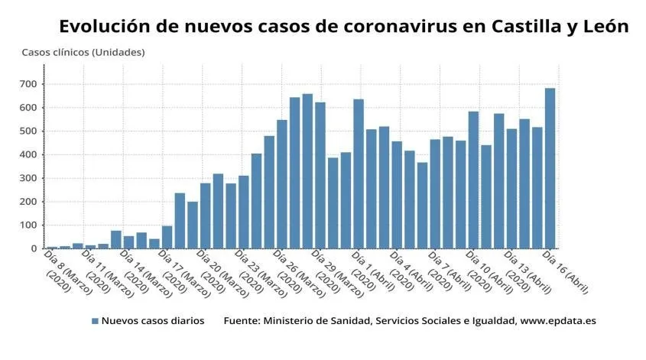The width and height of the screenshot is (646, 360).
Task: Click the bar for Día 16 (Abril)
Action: pos(549,168)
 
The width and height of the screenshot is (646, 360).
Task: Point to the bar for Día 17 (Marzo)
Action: pos(167,237)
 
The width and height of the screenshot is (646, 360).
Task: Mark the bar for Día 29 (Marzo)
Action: pos(320,175)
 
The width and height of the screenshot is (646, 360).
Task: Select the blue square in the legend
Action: pos(95,322)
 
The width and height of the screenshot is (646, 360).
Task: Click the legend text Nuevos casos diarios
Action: pos(153,322)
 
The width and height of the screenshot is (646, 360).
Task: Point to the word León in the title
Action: pos(604,26)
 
